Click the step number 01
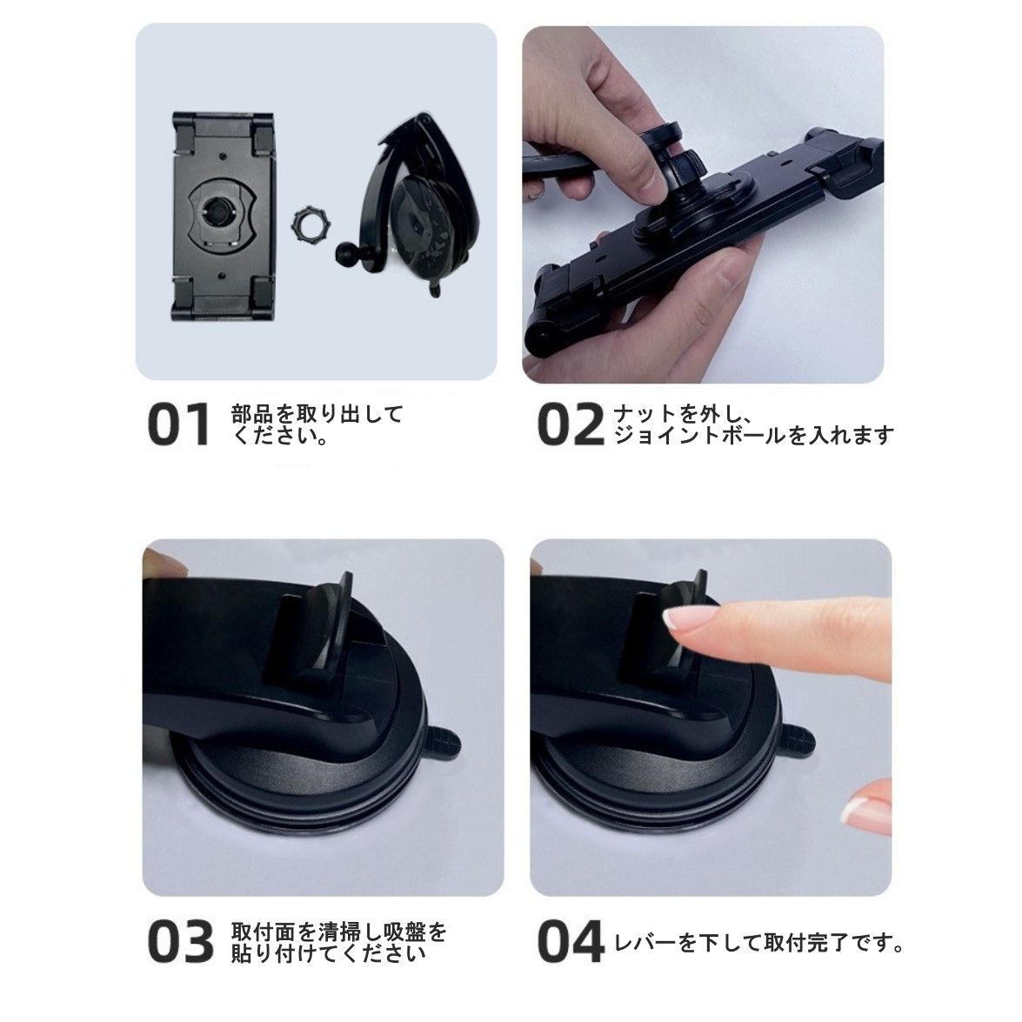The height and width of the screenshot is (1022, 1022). coord(179,425)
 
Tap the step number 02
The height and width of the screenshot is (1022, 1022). coord(571,425)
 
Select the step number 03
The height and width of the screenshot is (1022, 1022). coord(181,941)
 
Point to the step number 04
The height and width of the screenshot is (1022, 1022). coord(571,941)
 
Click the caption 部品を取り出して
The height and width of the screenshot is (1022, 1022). coord(317,414)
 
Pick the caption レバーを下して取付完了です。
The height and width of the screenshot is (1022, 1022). coord(758,942)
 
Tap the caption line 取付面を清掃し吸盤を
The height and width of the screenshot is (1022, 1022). coord(339,932)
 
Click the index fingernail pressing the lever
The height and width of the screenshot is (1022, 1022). coord(679,618)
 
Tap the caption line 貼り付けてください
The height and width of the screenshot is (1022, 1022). coord(328,953)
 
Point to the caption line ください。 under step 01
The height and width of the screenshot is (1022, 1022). coord(280,435)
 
